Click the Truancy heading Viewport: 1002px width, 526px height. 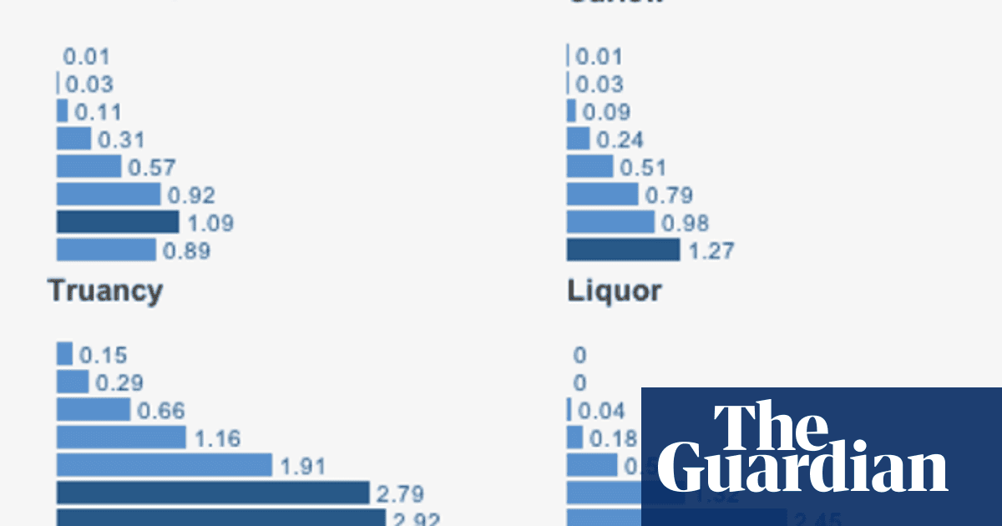(104, 291)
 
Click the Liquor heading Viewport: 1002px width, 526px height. (614, 291)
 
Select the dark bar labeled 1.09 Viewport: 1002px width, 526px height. (118, 222)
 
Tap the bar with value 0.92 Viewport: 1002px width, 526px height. (109, 195)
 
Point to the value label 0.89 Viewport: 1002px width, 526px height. (186, 250)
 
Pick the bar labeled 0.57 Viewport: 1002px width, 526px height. (89, 167)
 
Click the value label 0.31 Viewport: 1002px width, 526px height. (121, 139)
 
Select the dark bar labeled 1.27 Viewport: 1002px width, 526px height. (623, 250)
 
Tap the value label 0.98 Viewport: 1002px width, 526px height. (685, 223)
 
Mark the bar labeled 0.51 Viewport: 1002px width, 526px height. (590, 167)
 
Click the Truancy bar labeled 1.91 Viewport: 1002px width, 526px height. (164, 465)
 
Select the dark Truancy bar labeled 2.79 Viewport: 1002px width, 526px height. (213, 493)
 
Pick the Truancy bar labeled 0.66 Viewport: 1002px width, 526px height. (94, 410)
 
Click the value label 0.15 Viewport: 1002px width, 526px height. (104, 355)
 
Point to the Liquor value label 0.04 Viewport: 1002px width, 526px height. (601, 411)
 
